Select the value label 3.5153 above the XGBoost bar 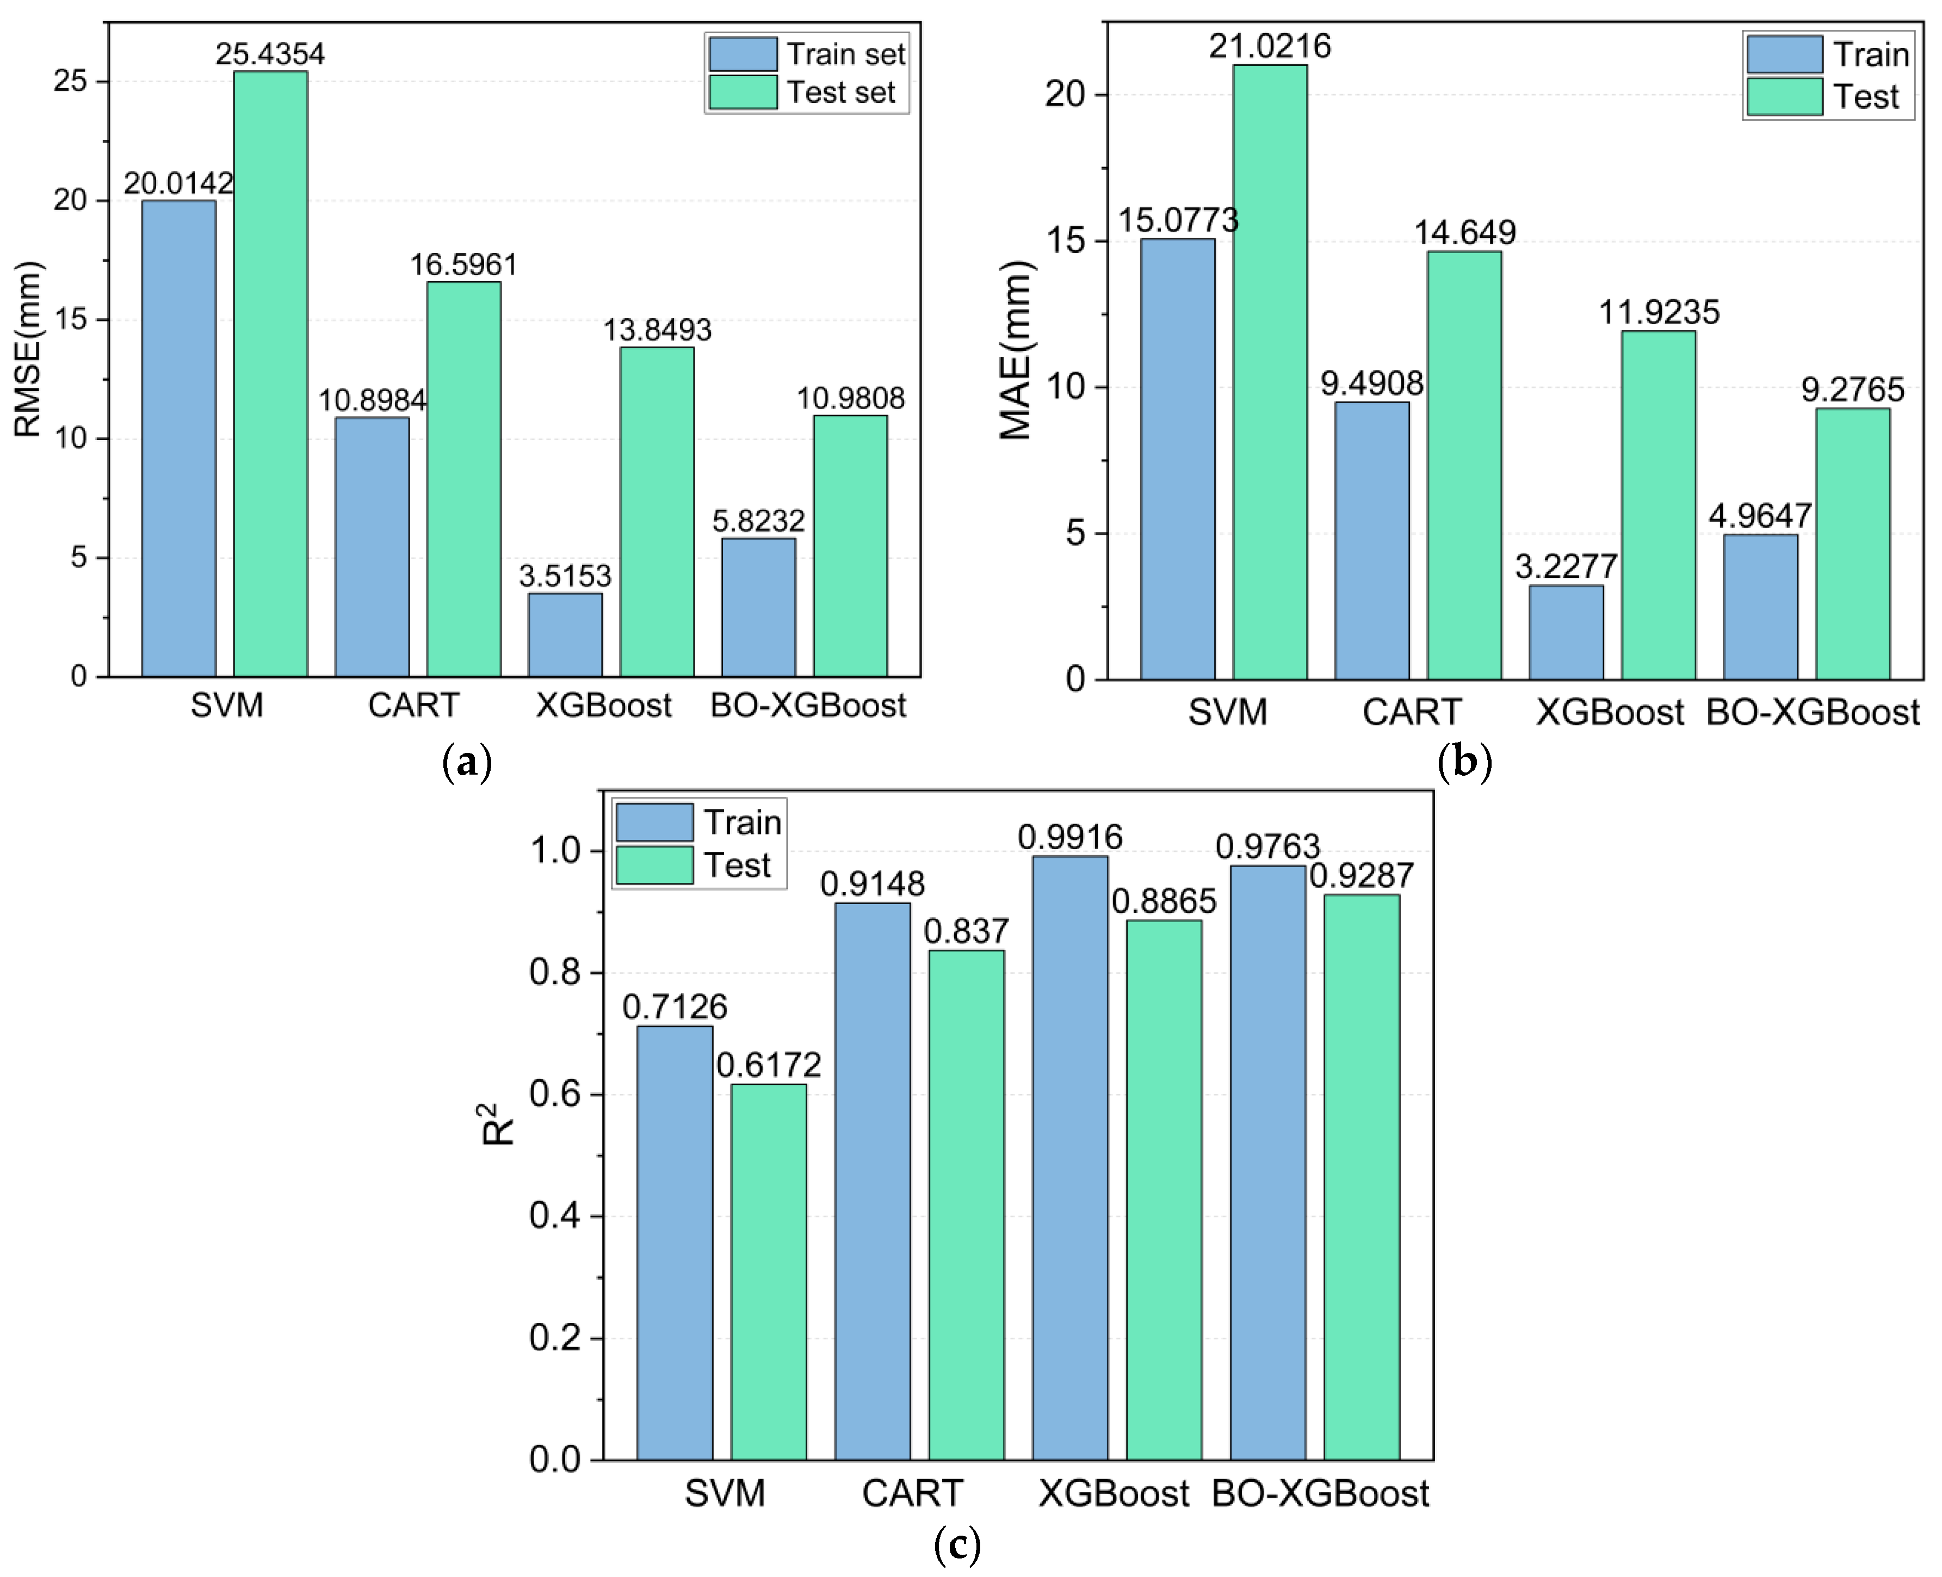565,576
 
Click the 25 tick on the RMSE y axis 70,82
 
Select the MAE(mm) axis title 1016,350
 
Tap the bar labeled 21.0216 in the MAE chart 1269,373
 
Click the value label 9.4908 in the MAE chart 1371,384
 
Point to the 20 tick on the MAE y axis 1065,95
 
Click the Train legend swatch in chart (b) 1784,54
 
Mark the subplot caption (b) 1464,761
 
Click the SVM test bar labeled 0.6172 769,1272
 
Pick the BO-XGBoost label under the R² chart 1320,1493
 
